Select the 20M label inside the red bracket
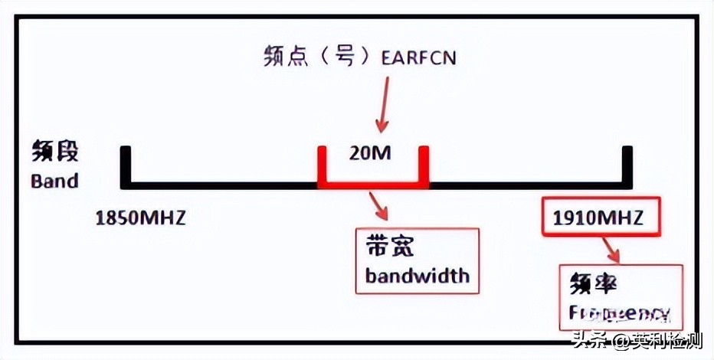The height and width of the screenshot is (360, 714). pyautogui.click(x=370, y=153)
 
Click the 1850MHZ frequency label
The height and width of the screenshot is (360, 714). pyautogui.click(x=140, y=218)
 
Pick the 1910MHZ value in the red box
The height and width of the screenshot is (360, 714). pyautogui.click(x=598, y=218)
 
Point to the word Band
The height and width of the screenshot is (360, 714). pyautogui.click(x=54, y=182)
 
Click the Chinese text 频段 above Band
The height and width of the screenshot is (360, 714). pyautogui.click(x=55, y=151)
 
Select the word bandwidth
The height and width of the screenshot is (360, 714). pyautogui.click(x=417, y=274)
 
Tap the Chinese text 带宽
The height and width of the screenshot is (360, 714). pyautogui.click(x=390, y=247)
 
